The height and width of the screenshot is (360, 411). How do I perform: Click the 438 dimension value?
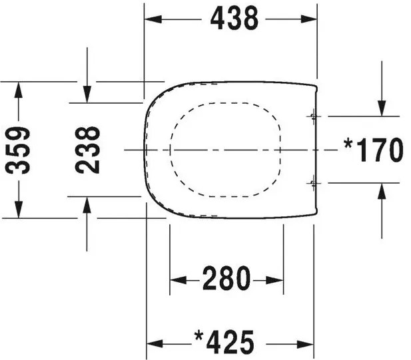(234, 18)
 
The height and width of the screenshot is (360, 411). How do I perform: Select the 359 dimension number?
(18, 150)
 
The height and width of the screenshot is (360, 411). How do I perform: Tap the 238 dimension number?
(87, 150)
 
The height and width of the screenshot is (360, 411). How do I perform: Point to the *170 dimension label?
(374, 150)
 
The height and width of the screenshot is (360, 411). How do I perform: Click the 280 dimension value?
(226, 278)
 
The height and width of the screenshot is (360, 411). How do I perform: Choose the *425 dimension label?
(224, 341)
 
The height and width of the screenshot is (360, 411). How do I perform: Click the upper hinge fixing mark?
(313, 116)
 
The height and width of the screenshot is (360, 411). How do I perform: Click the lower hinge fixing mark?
(313, 183)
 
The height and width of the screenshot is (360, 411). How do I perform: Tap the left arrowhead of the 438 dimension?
(153, 19)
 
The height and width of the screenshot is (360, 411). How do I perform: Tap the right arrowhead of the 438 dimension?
(309, 19)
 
